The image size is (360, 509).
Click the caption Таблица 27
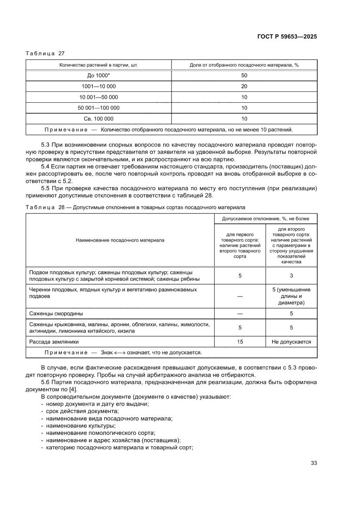[x=45, y=54]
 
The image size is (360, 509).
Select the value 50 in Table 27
[x=244, y=75]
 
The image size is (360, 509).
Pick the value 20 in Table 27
[x=244, y=86]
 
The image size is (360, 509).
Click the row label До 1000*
[x=99, y=75]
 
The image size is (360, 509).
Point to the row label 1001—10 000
[x=99, y=86]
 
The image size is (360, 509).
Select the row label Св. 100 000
[x=99, y=118]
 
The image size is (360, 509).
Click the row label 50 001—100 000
[x=99, y=108]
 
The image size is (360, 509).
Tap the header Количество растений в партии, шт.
[x=99, y=65]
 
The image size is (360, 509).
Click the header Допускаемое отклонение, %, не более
[x=266, y=218]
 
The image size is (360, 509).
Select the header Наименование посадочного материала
[x=120, y=240]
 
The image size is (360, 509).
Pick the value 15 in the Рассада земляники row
[x=240, y=342]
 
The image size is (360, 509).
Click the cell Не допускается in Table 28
[x=291, y=342]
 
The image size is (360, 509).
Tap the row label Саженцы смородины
[x=56, y=313]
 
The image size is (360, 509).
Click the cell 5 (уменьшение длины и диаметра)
[x=291, y=296]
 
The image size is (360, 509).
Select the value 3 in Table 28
[x=291, y=276]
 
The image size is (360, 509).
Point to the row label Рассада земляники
[x=54, y=342]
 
